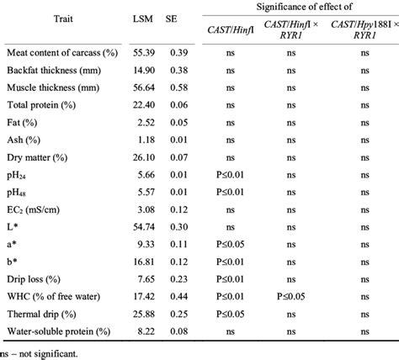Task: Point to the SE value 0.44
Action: tap(179, 294)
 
